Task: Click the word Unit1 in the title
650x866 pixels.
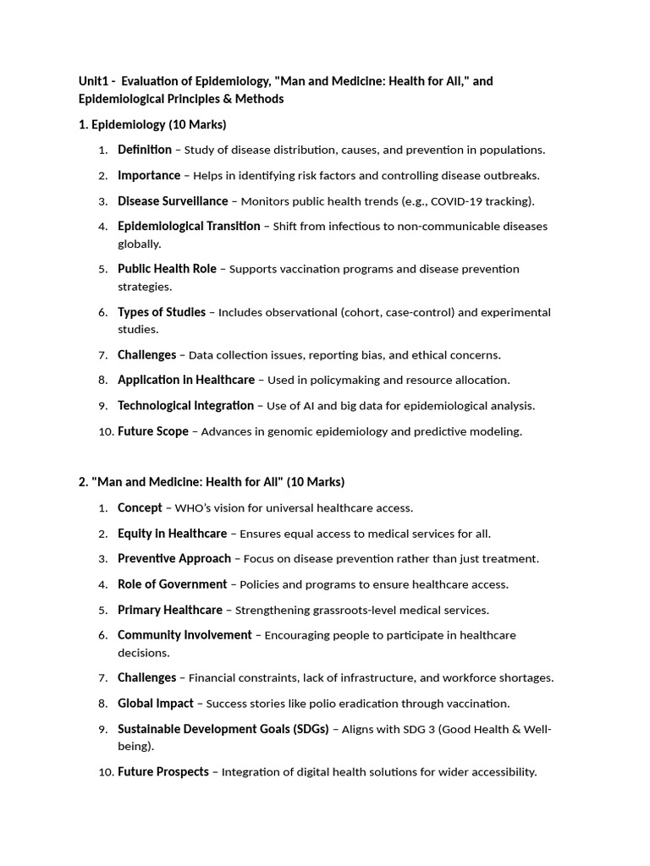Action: pos(95,81)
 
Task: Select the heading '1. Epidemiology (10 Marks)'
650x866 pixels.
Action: pos(152,124)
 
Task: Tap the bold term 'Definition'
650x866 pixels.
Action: pos(145,150)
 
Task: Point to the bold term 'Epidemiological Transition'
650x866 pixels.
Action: pos(189,226)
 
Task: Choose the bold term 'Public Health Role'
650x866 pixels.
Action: pos(167,269)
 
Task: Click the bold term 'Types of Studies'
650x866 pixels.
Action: pos(162,312)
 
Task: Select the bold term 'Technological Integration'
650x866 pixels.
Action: pos(185,405)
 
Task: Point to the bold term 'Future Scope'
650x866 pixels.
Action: pos(153,431)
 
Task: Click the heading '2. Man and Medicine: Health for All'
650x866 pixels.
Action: pos(211,482)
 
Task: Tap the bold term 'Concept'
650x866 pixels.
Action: pos(140,507)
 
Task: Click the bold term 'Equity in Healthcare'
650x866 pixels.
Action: pos(172,534)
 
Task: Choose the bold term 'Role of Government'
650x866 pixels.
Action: pos(172,584)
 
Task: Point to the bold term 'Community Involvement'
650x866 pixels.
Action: pos(185,635)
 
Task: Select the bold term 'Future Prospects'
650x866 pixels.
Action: pos(162,772)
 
